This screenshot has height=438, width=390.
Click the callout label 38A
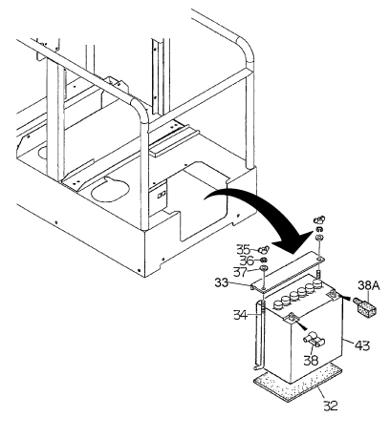pos(367,284)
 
